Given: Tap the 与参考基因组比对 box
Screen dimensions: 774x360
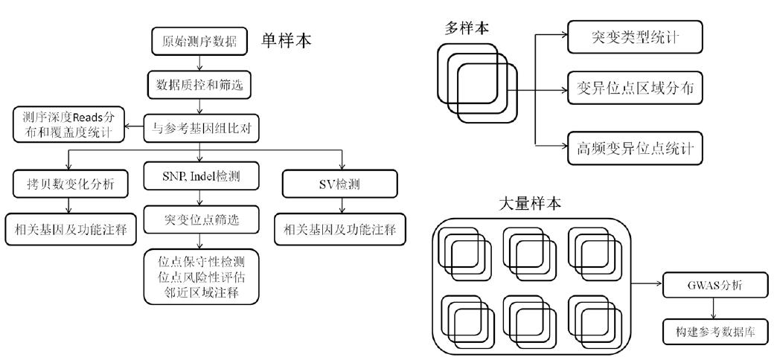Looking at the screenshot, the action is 200,129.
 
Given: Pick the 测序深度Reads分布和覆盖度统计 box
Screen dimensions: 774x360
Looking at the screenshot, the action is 68,124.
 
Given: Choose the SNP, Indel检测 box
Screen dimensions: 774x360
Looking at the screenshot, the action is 200,176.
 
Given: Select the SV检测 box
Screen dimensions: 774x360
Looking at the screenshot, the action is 341,185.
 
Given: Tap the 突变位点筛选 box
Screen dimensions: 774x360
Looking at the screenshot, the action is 200,219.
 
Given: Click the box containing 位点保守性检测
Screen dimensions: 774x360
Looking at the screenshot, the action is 201,277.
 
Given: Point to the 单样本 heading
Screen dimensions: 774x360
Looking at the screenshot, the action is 287,41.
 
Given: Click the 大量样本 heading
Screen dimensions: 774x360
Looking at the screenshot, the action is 530,203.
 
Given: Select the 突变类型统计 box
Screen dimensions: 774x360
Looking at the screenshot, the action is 635,36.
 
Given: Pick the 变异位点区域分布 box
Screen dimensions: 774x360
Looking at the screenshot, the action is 635,88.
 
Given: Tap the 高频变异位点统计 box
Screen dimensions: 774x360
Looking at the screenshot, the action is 635,147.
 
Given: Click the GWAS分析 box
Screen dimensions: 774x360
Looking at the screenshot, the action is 711,285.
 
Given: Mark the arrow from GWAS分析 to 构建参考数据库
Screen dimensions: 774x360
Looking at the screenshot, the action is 712,308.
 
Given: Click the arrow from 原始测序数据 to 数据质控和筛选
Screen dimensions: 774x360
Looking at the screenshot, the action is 199,62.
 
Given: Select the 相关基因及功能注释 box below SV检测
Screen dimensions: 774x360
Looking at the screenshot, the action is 341,229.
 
